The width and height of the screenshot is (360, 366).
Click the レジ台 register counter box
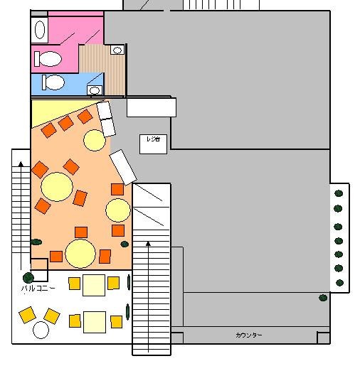point(153,144)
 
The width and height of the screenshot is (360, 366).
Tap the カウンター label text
point(249,335)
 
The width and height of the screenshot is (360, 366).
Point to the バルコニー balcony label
point(38,289)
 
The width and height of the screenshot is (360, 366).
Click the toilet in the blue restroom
point(53,82)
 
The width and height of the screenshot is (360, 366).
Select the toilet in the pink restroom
point(48,59)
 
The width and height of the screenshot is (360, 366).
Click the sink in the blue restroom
point(95,90)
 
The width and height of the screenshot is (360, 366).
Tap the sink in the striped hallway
point(117,50)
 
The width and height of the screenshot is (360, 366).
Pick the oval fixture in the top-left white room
point(40,30)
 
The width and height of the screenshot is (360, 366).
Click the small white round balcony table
point(41,330)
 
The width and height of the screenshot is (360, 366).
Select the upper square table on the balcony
point(94,285)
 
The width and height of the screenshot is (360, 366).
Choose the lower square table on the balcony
point(95,322)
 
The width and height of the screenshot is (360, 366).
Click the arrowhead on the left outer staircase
point(21,164)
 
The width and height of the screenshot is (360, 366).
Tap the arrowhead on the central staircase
point(148,244)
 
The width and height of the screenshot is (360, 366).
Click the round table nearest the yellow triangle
point(95,140)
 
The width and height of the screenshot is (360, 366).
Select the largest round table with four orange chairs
point(57,187)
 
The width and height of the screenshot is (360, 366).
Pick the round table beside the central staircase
point(118,210)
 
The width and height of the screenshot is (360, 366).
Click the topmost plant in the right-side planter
point(339,193)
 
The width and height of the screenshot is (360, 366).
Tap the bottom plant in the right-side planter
point(339,283)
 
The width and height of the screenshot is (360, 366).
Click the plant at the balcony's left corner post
point(28,277)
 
